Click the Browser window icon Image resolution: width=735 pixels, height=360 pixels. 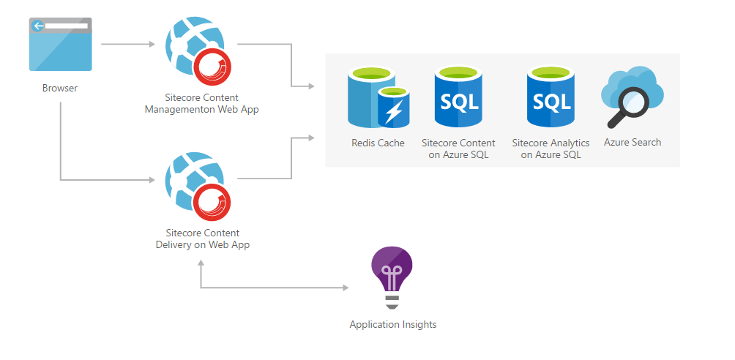point(60,45)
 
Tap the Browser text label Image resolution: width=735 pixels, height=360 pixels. point(60,89)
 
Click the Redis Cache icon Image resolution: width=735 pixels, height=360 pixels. point(376,97)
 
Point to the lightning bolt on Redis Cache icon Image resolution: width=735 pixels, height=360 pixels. point(394,112)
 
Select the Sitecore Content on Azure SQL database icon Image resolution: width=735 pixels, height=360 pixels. point(458,97)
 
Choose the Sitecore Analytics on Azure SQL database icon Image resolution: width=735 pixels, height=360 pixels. point(551,97)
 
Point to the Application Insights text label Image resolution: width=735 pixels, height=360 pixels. point(392,324)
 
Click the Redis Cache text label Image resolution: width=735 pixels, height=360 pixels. point(378,143)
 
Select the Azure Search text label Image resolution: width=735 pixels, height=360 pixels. point(633,142)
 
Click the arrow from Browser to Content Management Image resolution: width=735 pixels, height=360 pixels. point(127,44)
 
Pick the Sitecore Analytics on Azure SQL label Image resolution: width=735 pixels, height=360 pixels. point(551,149)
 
